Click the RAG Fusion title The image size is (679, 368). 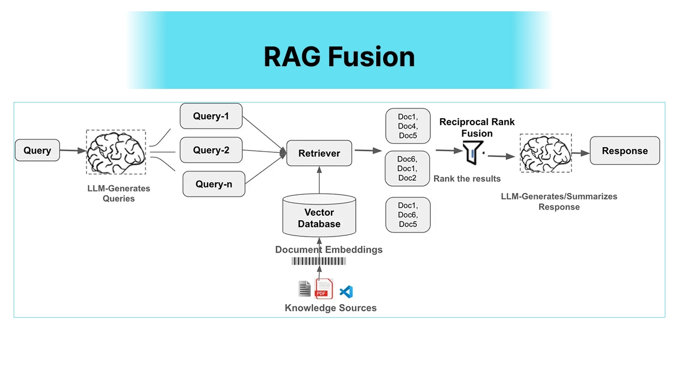(339, 57)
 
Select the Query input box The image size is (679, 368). (37, 151)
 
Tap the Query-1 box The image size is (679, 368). (211, 116)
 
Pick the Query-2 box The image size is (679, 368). (211, 150)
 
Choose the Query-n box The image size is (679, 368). (214, 184)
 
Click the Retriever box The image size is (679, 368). (319, 153)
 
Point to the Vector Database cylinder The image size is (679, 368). (319, 216)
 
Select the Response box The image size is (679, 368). (625, 151)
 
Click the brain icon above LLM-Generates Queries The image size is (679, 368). (116, 152)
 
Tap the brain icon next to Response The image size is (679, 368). (545, 153)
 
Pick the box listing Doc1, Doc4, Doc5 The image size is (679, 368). (407, 126)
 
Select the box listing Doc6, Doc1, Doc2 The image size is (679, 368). (407, 169)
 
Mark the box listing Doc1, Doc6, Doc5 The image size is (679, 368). (407, 215)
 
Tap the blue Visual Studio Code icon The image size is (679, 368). (346, 292)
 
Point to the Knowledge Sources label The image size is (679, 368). (330, 308)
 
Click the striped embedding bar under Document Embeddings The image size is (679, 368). (319, 261)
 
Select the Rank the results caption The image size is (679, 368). (467, 179)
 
